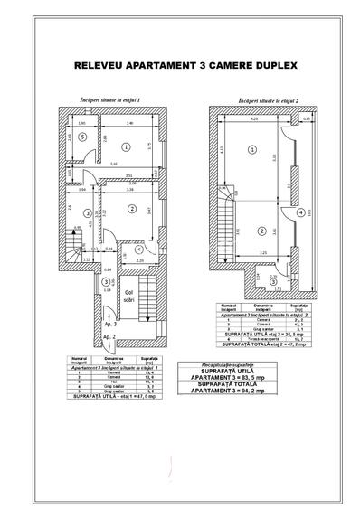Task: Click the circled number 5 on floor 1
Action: tap(81, 138)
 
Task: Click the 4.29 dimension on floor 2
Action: tap(253, 118)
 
